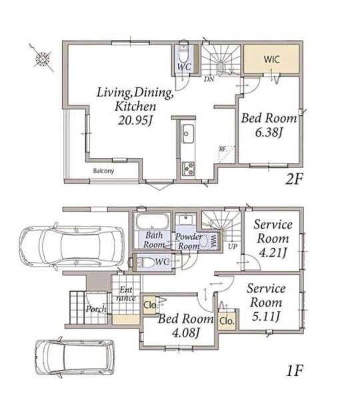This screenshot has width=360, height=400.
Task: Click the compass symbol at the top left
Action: coord(43,59)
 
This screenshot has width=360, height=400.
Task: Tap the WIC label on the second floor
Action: coord(271,59)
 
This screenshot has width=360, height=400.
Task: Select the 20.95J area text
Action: coord(135,120)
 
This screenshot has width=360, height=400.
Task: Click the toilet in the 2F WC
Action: coord(183,54)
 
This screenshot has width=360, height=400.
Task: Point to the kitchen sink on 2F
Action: coord(188,134)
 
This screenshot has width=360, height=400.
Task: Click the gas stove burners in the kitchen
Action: coord(188,169)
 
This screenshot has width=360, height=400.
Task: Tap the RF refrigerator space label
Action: coord(223,149)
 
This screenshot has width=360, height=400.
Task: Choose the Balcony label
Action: coord(103,171)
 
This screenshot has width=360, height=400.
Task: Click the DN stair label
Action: coord(209,79)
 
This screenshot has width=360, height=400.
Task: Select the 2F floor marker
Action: coord(293,179)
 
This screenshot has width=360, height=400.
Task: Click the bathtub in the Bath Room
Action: coord(152,221)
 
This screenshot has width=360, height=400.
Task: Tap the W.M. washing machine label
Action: coord(212,241)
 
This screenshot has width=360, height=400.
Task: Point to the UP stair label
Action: coord(233,247)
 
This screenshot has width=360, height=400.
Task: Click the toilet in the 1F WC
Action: coord(145,262)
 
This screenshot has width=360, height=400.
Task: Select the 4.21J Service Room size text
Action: coord(273,253)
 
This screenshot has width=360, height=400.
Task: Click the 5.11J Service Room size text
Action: coord(266,317)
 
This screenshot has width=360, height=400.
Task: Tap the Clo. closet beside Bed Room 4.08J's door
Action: coord(227,321)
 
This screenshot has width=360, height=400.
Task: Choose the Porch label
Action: coord(96,309)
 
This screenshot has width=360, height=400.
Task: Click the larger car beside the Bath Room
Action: coord(72,247)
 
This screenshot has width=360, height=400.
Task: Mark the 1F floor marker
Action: coord(295,371)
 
